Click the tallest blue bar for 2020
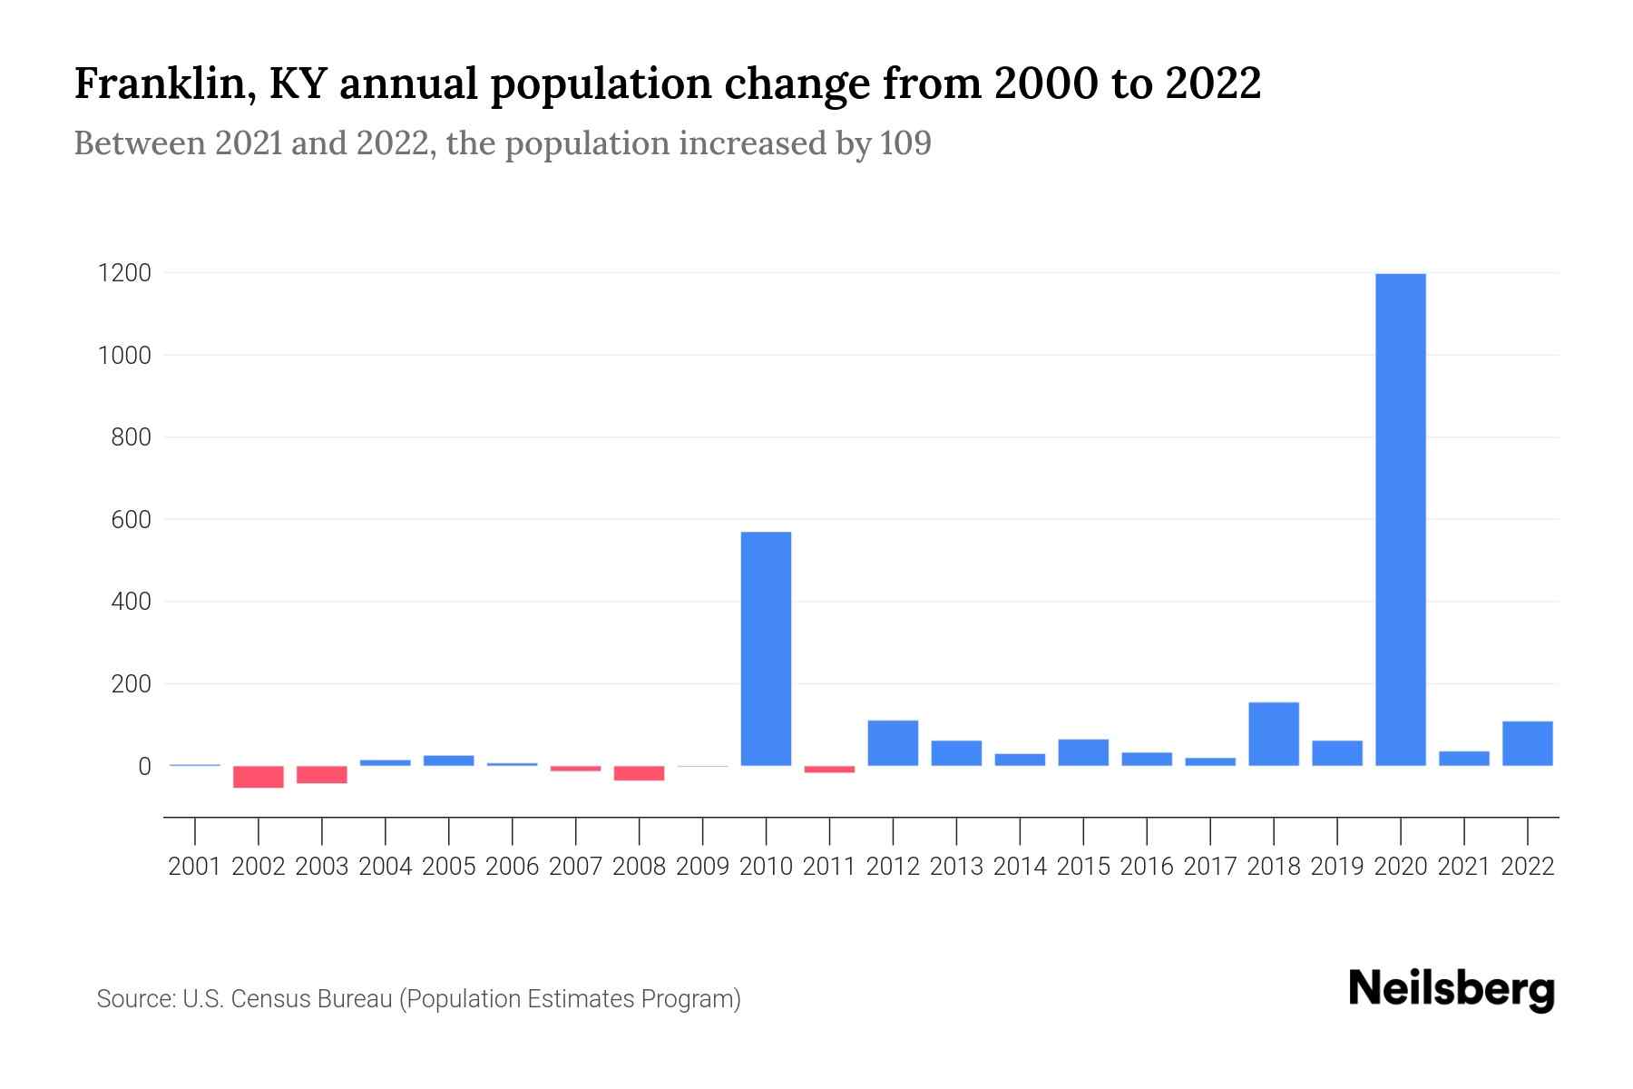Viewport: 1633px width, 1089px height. [x=1400, y=519]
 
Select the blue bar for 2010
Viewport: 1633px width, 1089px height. [x=766, y=649]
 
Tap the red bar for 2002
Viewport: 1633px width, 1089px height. [x=259, y=777]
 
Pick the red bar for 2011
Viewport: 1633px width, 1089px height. [x=829, y=770]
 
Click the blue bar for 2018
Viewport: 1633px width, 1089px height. [x=1274, y=734]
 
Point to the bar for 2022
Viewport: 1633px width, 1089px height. [x=1527, y=743]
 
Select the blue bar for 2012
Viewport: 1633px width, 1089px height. [x=893, y=743]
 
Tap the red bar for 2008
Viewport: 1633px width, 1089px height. [x=639, y=773]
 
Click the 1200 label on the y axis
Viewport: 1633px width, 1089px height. [x=124, y=273]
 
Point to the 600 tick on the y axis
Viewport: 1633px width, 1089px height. [x=131, y=520]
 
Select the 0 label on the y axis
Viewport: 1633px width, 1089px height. [x=144, y=767]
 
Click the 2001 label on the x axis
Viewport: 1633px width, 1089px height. [x=195, y=867]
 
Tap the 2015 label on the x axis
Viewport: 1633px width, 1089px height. [x=1083, y=867]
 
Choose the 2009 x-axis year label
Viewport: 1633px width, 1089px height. [x=702, y=867]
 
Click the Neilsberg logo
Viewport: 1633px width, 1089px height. [x=1451, y=989]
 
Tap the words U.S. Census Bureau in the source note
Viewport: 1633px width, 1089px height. [x=288, y=999]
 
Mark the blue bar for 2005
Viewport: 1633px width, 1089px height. [x=448, y=760]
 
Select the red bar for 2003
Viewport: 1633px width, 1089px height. [x=322, y=774]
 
